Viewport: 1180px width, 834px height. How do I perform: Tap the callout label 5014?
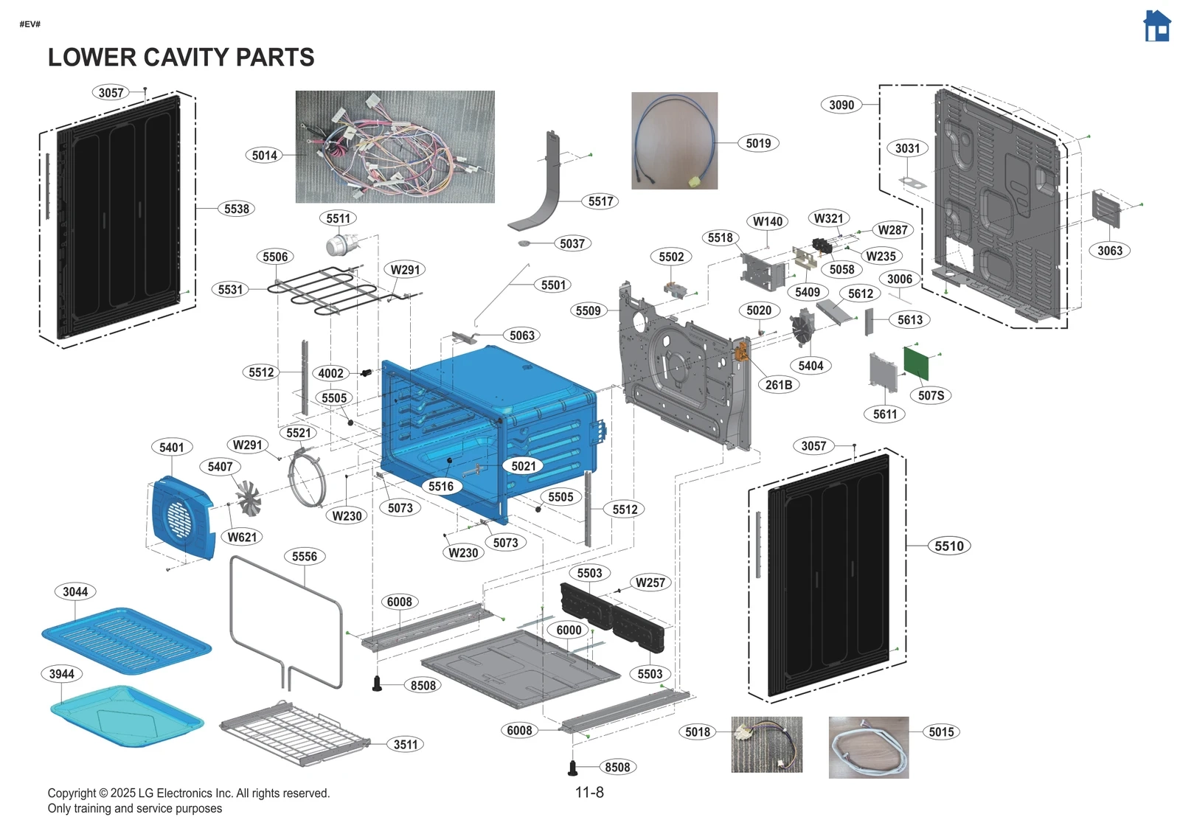click(x=264, y=155)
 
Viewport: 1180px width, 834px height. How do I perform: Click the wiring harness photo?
click(x=395, y=147)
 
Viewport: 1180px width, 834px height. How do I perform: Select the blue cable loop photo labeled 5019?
click(x=674, y=140)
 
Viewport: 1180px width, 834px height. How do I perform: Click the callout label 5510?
click(x=948, y=546)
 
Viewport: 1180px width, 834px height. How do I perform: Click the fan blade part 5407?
click(x=248, y=498)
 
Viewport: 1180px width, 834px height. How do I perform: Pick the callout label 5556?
click(x=304, y=556)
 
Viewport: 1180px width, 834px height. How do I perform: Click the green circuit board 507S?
click(x=916, y=362)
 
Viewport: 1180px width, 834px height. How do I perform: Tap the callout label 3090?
click(x=841, y=105)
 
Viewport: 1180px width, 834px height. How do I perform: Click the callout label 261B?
click(x=778, y=384)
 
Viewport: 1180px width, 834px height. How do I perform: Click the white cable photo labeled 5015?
click(x=868, y=747)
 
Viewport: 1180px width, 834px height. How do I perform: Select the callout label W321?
click(x=827, y=218)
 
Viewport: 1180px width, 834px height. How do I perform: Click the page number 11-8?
click(x=589, y=792)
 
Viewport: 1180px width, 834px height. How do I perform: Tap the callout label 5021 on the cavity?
click(x=523, y=465)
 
